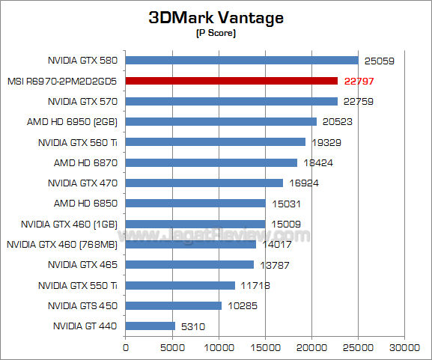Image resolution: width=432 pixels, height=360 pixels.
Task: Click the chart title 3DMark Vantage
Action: pyautogui.click(x=216, y=19)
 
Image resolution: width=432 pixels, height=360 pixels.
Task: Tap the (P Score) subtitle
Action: pyautogui.click(x=216, y=34)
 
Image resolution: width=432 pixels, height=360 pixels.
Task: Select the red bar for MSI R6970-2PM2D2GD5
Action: pyautogui.click(x=231, y=80)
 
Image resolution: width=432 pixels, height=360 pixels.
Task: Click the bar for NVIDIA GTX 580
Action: pyautogui.click(x=242, y=60)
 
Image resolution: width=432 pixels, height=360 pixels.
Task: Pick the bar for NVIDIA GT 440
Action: pyautogui.click(x=150, y=326)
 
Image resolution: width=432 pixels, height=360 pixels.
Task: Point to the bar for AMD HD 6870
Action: pyautogui.click(x=211, y=162)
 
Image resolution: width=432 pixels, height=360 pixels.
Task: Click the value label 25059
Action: pyautogui.click(x=379, y=61)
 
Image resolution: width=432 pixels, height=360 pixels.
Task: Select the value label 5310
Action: pyautogui.click(x=192, y=326)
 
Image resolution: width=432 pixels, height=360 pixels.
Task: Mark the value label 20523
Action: pyautogui.click(x=336, y=122)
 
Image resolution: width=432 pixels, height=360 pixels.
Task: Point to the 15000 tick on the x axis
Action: pyautogui.click(x=265, y=347)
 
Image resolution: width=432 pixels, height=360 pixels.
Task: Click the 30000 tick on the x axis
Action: pyautogui.click(x=404, y=347)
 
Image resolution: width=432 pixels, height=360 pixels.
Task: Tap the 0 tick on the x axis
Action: pyautogui.click(x=125, y=347)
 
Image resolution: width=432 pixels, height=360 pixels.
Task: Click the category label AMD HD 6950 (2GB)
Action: pyautogui.click(x=76, y=121)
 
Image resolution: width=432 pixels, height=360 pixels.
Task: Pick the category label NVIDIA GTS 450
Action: pyautogui.click(x=82, y=305)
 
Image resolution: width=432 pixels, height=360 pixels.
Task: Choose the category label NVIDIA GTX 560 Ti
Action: pyautogui.click(x=79, y=141)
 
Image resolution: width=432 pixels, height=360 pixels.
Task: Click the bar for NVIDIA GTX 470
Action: pyautogui.click(x=204, y=183)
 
